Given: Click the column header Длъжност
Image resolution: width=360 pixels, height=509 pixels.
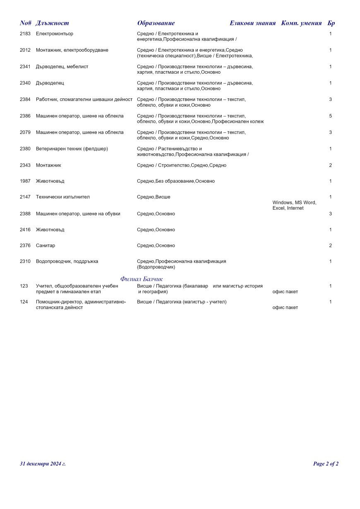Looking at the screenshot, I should pyautogui.click(x=52, y=23).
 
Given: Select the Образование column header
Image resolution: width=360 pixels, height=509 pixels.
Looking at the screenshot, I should pyautogui.click(x=156, y=23).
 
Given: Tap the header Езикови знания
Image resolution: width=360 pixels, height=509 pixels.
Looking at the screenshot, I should pyautogui.click(x=252, y=23).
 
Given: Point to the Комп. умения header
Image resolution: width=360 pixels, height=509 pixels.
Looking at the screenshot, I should pyautogui.click(x=301, y=23).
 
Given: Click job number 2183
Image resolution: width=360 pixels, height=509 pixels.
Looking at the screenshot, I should pyautogui.click(x=25, y=33).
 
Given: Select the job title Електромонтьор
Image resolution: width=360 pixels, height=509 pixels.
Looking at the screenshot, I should pyautogui.click(x=55, y=33).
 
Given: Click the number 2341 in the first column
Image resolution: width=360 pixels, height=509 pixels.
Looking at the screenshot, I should pyautogui.click(x=25, y=67).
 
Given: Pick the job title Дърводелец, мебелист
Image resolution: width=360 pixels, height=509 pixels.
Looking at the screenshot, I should pyautogui.click(x=62, y=67).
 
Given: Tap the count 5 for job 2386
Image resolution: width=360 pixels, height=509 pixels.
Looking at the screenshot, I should pyautogui.click(x=331, y=116).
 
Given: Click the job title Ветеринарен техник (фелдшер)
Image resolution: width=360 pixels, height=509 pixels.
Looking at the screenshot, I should pyautogui.click(x=72, y=149).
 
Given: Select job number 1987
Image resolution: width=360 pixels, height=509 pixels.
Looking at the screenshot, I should pyautogui.click(x=25, y=181).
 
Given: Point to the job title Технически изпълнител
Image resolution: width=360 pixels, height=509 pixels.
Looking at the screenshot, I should pyautogui.click(x=63, y=197).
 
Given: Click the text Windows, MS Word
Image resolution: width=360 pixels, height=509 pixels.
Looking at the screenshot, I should pyautogui.click(x=294, y=203).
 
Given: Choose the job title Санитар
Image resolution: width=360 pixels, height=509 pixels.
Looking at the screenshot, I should pyautogui.click(x=46, y=246).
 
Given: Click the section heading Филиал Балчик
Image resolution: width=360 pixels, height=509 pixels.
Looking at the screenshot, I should pyautogui.click(x=142, y=279).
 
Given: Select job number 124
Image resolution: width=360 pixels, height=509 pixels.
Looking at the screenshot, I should pyautogui.click(x=24, y=302).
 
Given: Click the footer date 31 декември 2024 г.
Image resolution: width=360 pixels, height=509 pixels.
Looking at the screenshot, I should pyautogui.click(x=43, y=464).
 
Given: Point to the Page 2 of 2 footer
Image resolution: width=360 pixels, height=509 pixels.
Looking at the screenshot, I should pyautogui.click(x=326, y=464).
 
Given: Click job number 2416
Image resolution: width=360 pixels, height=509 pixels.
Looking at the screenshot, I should pyautogui.click(x=25, y=229).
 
